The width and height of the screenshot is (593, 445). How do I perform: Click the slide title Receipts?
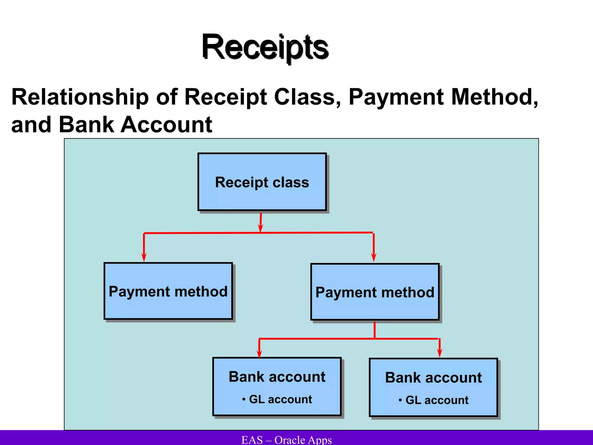point(265,47)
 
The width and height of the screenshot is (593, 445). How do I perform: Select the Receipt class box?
point(262,182)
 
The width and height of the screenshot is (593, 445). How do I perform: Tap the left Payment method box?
point(168,291)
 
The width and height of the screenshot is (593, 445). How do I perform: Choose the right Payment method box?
point(375,292)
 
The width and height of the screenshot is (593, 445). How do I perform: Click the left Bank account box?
point(277,386)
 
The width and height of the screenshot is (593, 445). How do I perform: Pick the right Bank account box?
point(433,387)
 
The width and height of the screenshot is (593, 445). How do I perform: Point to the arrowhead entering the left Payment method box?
point(144,257)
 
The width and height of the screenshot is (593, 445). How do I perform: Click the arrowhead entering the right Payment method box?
point(374,257)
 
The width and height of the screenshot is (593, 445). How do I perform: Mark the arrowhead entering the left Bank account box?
point(259,354)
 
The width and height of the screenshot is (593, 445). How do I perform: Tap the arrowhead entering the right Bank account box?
point(440,353)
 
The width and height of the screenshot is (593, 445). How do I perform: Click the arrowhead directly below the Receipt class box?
point(260,228)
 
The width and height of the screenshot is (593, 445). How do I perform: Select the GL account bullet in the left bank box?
point(277,399)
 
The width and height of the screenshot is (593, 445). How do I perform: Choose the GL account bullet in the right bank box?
point(433,400)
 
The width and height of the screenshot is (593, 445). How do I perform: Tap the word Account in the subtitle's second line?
point(166,125)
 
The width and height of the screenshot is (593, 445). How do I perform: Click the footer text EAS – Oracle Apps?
point(286,439)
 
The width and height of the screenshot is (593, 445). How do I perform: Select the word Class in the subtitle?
point(307,97)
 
